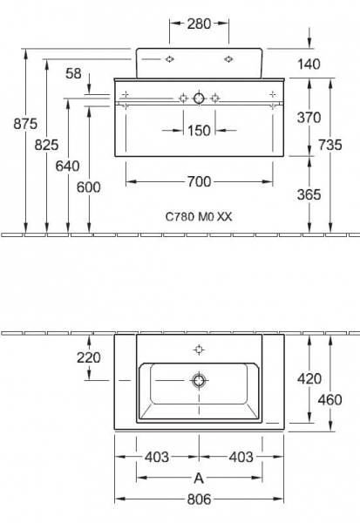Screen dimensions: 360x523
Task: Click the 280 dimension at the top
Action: coord(199,24)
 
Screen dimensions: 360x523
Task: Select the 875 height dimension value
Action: coord(25,124)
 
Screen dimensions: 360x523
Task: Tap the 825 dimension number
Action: coord(46,145)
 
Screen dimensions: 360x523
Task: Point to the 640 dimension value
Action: coord(67,166)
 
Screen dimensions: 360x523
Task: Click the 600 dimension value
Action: coord(88,187)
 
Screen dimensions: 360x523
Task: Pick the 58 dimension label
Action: coord(73,73)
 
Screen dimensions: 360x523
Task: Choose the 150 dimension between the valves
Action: coord(199,131)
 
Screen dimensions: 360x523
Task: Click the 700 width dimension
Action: coord(199,181)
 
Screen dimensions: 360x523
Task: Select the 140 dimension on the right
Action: coord(309,64)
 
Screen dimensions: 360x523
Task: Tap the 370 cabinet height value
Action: coord(309,118)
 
